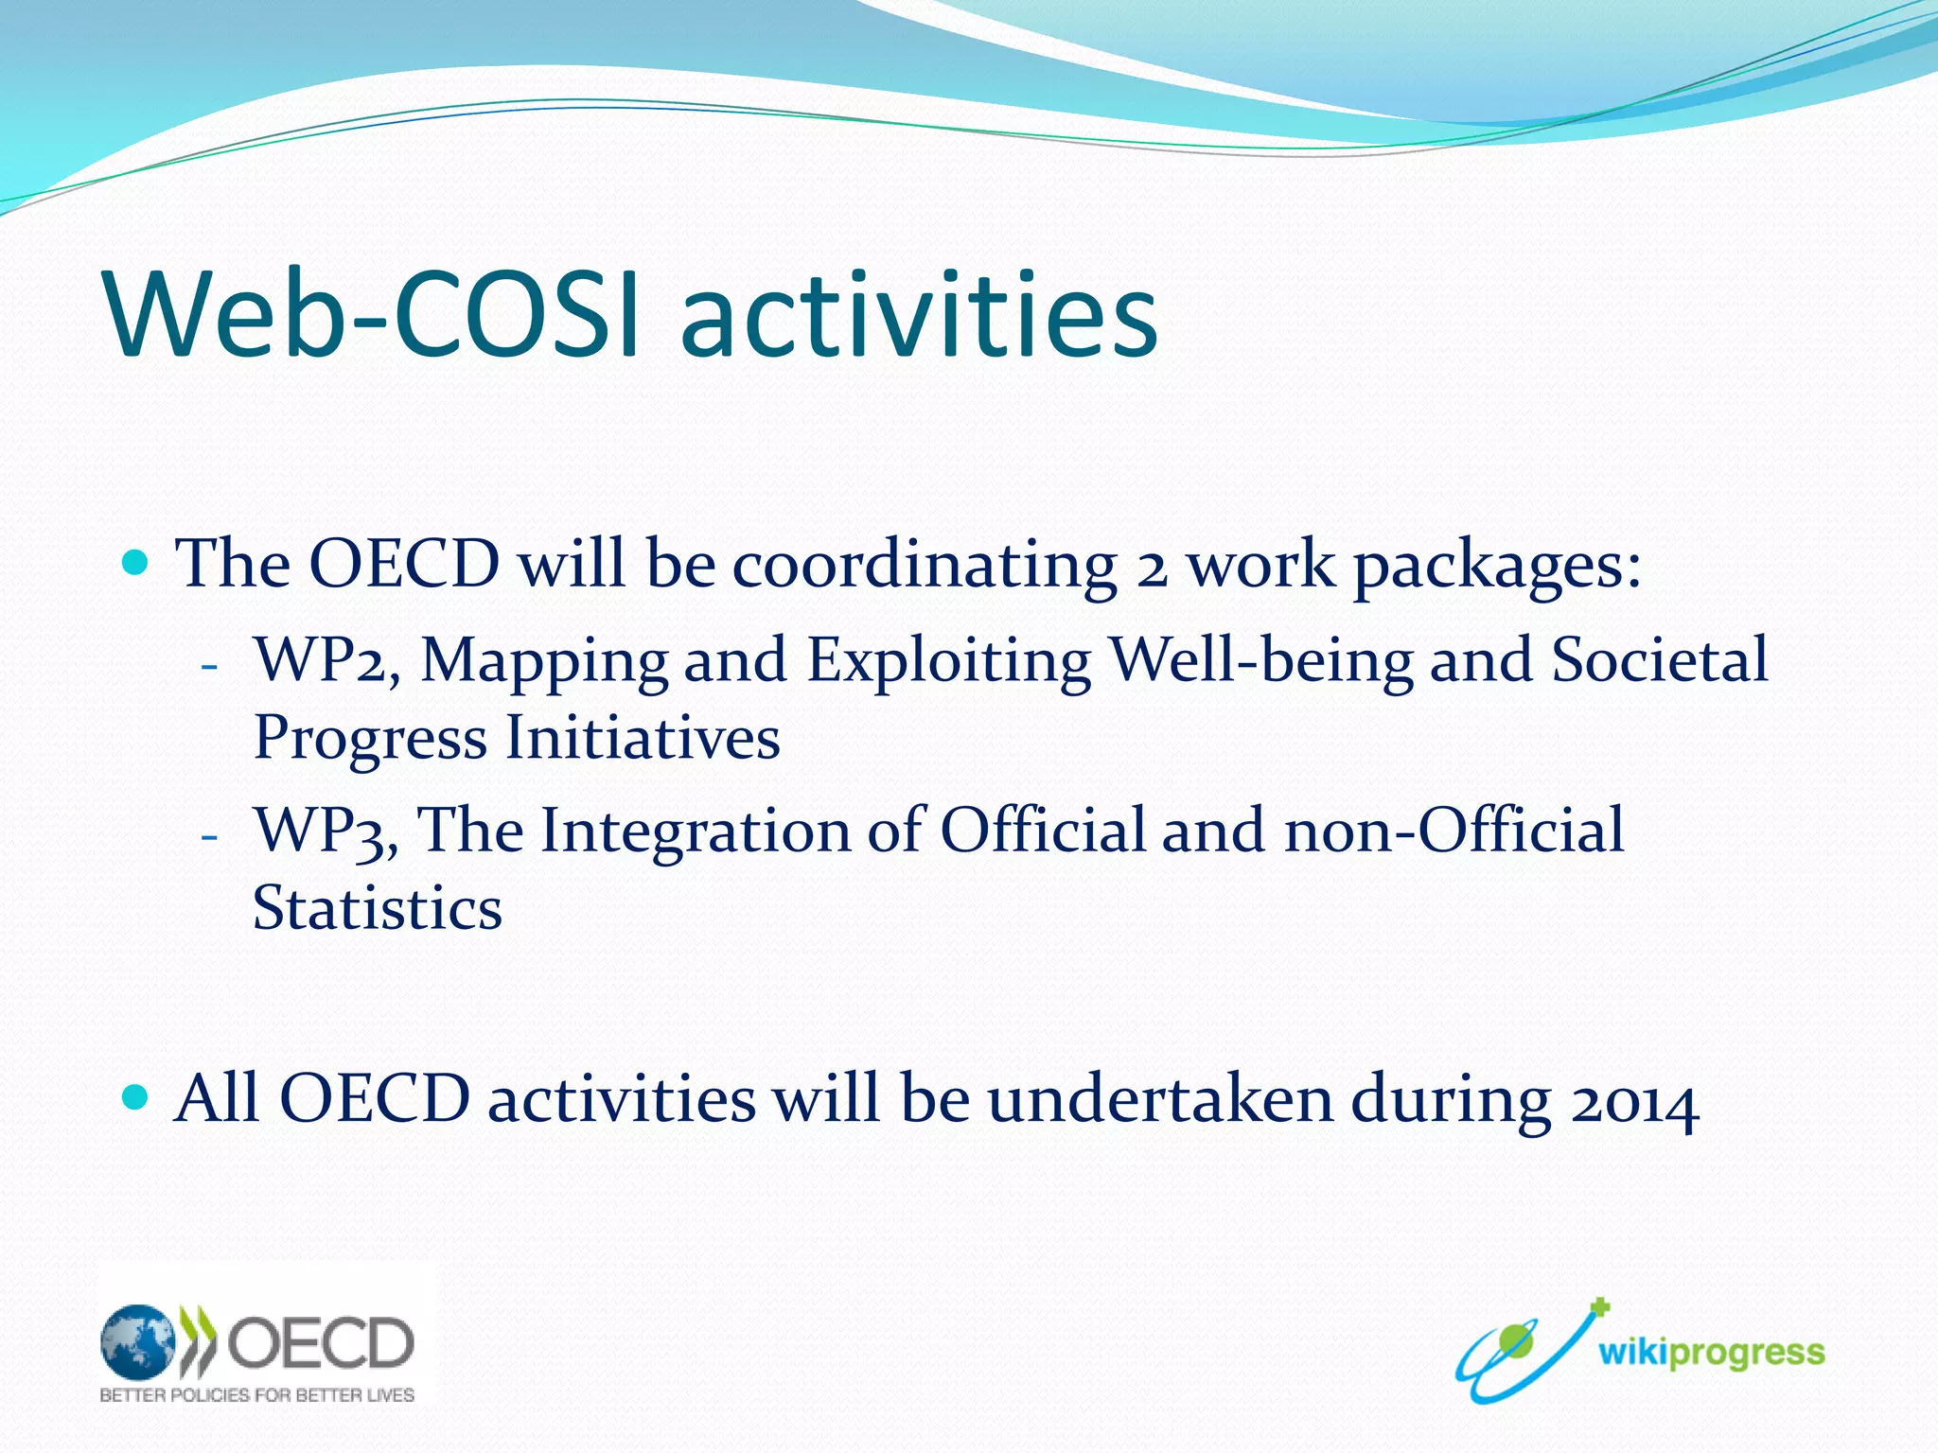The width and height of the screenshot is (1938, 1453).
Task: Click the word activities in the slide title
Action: click(918, 315)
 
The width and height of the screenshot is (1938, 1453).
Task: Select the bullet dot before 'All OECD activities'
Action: click(136, 1097)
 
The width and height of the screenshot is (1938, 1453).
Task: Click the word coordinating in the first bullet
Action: click(925, 565)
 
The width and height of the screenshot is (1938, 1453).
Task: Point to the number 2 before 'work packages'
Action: click(1152, 568)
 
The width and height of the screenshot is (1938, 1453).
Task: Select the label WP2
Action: click(322, 659)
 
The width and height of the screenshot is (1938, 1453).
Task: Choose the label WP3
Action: click(322, 832)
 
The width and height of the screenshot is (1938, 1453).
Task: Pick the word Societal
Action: click(1659, 659)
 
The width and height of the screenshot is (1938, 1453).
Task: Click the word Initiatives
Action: click(643, 737)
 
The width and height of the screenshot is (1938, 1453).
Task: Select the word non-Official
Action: click(1453, 831)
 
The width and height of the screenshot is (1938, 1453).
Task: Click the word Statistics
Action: click(377, 908)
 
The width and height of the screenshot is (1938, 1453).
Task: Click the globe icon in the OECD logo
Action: click(138, 1341)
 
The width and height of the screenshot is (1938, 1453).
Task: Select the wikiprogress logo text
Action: click(1711, 1353)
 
